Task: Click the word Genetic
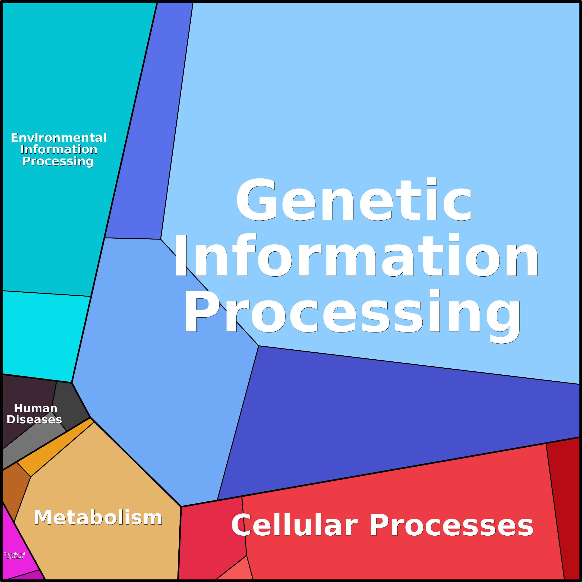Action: (x=354, y=199)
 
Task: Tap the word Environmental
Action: (x=59, y=138)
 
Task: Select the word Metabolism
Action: (x=98, y=518)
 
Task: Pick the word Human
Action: (x=35, y=408)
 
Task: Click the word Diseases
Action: (x=34, y=419)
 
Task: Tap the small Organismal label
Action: (x=14, y=554)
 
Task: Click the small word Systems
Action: (x=15, y=557)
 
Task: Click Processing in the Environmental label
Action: (x=58, y=161)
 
